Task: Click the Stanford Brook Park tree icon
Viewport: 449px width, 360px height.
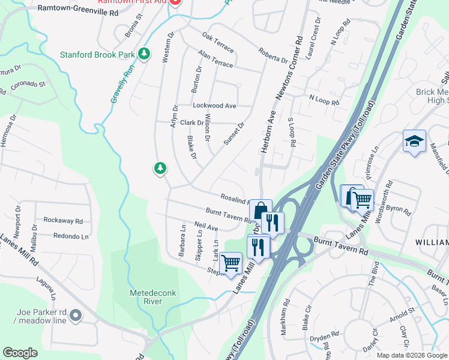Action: [x=144, y=55]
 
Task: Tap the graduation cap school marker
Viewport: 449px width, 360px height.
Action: [x=414, y=142]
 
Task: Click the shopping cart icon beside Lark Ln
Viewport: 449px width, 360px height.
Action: [x=231, y=263]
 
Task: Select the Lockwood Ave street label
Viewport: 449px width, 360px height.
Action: [x=214, y=106]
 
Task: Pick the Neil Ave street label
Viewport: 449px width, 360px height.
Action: [x=206, y=228]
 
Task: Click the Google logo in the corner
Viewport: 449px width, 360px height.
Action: [x=20, y=352]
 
